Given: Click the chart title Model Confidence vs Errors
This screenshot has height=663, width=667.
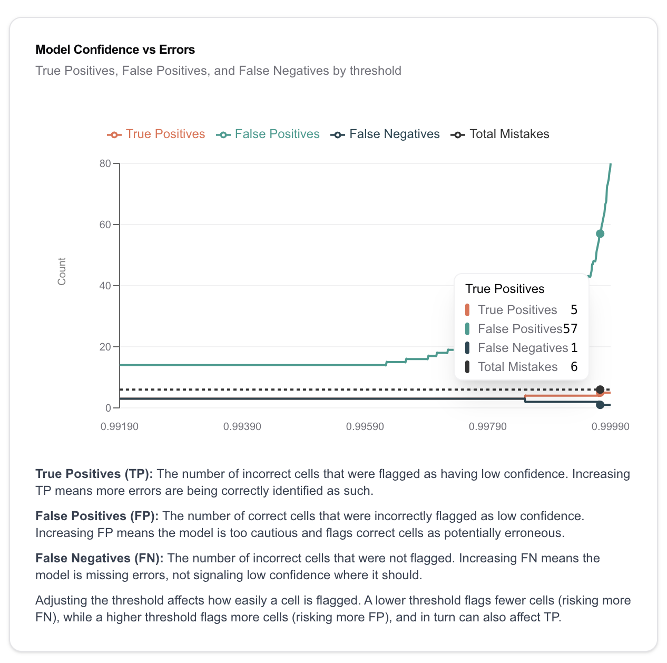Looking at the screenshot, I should tap(115, 50).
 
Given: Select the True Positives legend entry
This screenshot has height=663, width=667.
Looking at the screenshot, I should tap(156, 134).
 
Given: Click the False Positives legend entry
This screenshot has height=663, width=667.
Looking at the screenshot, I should tap(268, 134).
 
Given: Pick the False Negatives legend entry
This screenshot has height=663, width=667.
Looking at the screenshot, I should tap(385, 134).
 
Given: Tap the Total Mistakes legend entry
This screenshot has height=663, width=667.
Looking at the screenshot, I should tap(501, 134).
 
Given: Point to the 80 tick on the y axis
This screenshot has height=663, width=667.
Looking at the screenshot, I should tap(105, 163).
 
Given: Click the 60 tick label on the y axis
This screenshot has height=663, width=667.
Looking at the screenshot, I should tap(105, 225).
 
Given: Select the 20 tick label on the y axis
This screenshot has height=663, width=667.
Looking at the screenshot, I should tap(105, 347).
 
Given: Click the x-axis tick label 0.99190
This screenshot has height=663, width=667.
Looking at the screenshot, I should tap(120, 426).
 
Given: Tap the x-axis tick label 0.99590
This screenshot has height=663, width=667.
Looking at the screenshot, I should tap(365, 426).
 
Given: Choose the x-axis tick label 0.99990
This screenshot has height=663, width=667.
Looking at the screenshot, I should tap(610, 426).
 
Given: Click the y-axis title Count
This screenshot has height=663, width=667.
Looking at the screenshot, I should tap(62, 271).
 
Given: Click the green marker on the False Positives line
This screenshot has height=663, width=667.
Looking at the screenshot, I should tap(600, 233).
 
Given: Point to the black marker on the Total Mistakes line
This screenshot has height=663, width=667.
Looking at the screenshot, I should tap(600, 389).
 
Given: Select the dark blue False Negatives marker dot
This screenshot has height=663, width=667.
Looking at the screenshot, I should tap(600, 405).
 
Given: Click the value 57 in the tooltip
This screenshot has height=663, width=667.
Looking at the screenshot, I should tap(570, 329).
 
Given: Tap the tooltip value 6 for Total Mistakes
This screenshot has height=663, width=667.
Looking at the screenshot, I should tap(574, 367).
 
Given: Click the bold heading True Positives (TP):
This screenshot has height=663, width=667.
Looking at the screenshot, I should tap(94, 474).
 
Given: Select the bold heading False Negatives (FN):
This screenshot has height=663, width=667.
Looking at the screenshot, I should tap(100, 558).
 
